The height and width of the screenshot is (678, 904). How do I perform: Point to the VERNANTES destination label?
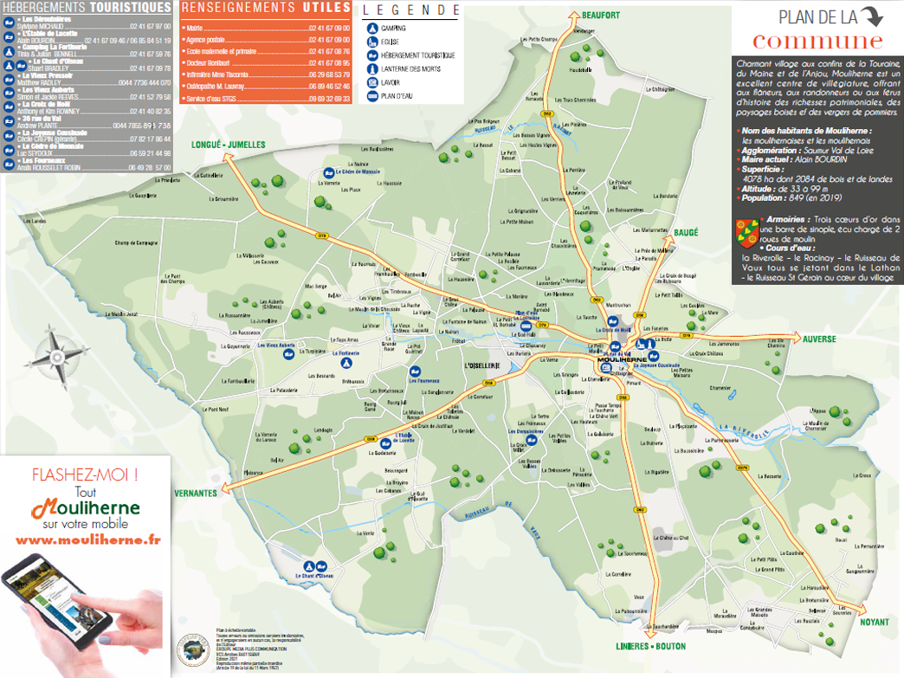coord(194,493)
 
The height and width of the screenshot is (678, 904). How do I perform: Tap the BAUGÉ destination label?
coord(686,233)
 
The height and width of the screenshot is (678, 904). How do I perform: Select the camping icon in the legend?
coord(371,28)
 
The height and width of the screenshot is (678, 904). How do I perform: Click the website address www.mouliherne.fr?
coord(88,539)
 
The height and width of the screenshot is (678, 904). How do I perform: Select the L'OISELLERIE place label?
coord(483,365)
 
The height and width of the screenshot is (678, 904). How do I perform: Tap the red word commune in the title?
coord(817,41)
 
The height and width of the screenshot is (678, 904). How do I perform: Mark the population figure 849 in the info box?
coord(797,197)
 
